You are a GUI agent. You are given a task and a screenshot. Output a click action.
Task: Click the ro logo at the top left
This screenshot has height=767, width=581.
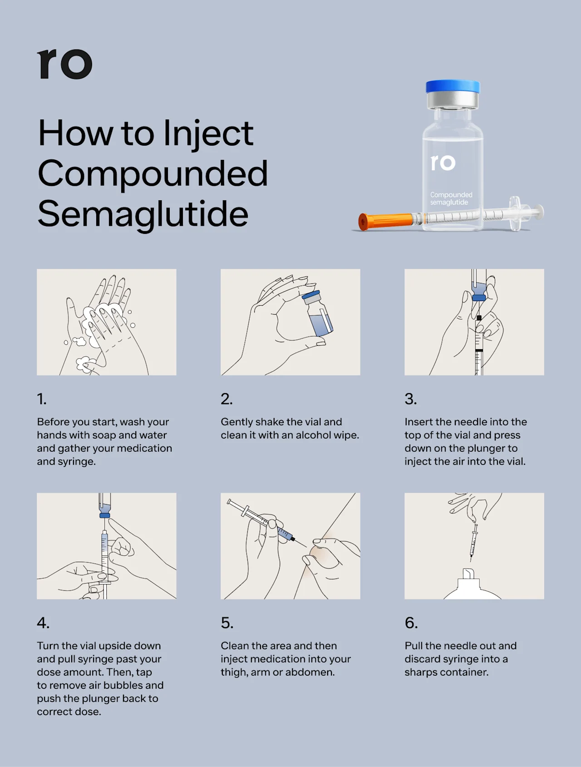65,64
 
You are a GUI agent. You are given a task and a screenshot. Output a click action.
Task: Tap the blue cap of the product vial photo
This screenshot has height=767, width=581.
453,87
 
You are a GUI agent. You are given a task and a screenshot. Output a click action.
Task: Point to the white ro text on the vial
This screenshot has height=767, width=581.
443,163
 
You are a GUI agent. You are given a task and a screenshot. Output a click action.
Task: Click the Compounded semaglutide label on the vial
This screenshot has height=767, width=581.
451,198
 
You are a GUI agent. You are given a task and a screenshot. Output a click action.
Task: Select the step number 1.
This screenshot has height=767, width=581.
41,399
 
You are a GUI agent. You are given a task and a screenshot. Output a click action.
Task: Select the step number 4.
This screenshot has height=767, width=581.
43,623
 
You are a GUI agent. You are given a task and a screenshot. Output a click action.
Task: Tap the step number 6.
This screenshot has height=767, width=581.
411,623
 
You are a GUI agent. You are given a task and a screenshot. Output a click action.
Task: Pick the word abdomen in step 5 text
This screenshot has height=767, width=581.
313,672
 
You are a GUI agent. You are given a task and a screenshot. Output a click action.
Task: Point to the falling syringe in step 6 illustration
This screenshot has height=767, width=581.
474,540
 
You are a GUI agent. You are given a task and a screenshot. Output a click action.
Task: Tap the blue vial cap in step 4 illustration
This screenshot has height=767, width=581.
104,515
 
